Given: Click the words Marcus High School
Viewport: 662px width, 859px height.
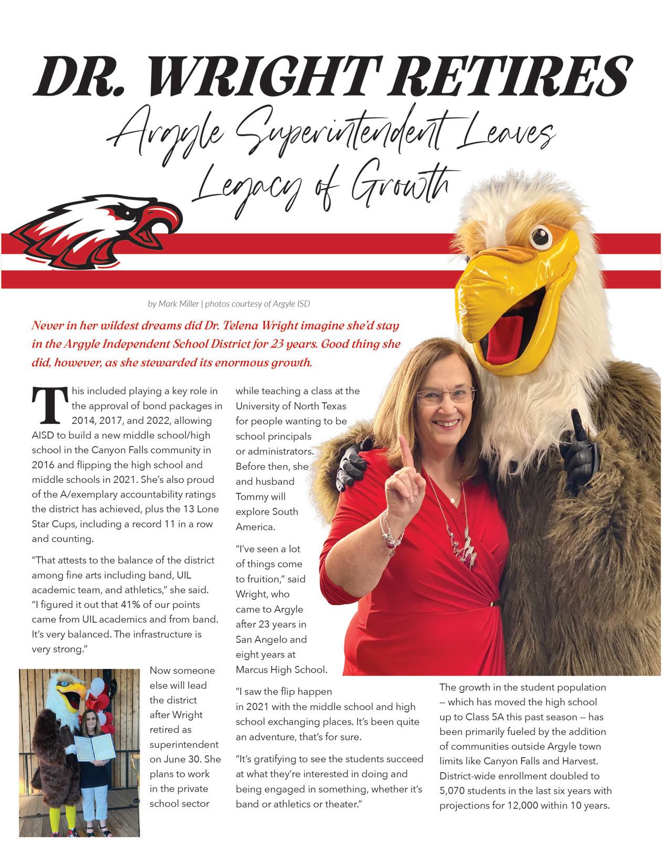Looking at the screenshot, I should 281,669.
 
